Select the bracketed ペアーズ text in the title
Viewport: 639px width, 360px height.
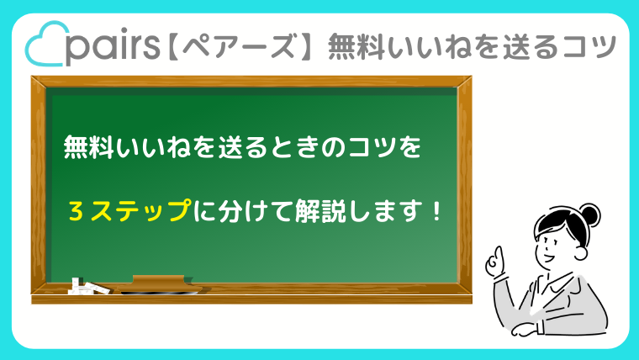pos(240,46)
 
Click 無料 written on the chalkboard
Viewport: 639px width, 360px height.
pos(87,146)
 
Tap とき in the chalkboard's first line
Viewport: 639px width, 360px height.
pos(293,146)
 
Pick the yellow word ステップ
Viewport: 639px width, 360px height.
pos(140,211)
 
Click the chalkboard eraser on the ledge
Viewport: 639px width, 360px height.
pos(161,284)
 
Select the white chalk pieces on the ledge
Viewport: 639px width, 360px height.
pos(88,286)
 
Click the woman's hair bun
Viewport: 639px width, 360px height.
pos(589,214)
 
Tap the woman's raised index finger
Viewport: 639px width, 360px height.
pos(498,253)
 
